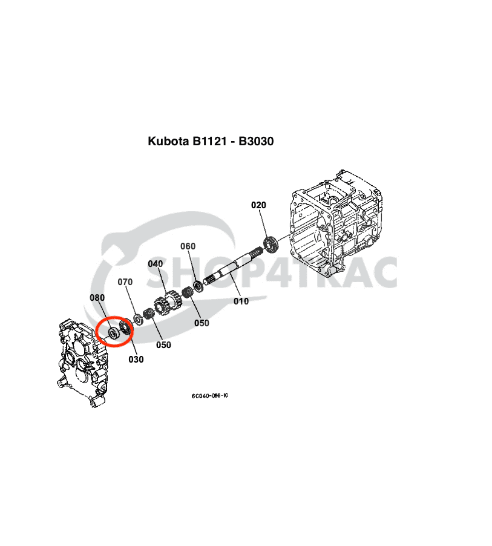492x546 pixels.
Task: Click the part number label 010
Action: click(x=241, y=301)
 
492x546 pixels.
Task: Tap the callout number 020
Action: click(x=258, y=205)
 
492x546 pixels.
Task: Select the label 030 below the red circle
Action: click(x=136, y=359)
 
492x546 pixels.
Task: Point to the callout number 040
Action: click(x=156, y=264)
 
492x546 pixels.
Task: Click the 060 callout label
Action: click(x=188, y=246)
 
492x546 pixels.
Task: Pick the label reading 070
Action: click(x=125, y=282)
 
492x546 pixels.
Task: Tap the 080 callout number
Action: click(x=97, y=297)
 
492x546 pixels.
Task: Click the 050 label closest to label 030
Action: click(x=163, y=344)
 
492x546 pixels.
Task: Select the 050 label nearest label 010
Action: click(x=202, y=323)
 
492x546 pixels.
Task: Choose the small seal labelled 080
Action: click(x=113, y=333)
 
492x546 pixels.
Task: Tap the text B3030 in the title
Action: click(x=257, y=142)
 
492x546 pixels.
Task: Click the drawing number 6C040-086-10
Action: click(x=209, y=396)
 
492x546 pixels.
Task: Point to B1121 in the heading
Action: click(x=211, y=142)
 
